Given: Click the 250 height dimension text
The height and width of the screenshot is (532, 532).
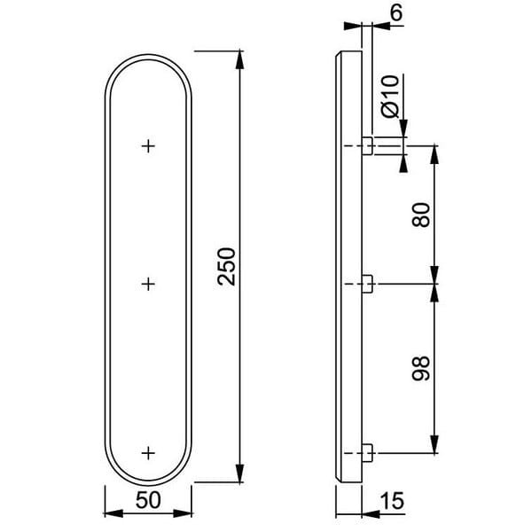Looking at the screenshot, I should click(227, 266).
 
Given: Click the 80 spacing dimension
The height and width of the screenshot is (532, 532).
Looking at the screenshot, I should click(421, 214).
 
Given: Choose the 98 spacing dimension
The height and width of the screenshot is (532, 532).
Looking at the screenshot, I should click(421, 368).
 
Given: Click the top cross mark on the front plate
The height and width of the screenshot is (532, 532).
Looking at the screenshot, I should click(148, 145).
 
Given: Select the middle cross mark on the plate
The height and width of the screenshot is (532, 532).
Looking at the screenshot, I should click(148, 284).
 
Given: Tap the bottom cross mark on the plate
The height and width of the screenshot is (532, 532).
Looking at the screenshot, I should click(148, 452).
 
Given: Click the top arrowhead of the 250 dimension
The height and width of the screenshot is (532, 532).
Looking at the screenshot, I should click(240, 59).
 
